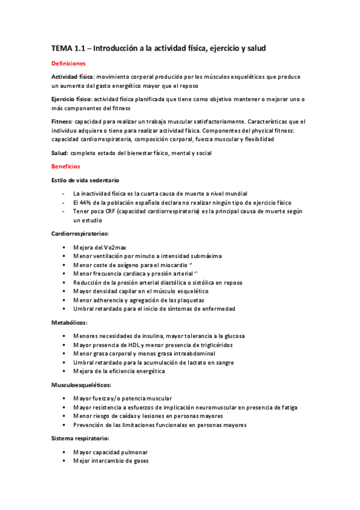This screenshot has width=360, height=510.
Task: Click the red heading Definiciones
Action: [x=69, y=63]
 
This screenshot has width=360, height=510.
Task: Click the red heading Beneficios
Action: [x=66, y=166]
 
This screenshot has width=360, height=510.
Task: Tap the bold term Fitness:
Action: [x=61, y=121]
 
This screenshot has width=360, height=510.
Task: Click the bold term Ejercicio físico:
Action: [x=72, y=99]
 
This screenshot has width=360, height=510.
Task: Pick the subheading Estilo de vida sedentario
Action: [x=85, y=180]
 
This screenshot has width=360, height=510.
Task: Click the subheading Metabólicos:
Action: [x=69, y=322]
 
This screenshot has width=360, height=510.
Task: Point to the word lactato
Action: [x=197, y=363]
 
